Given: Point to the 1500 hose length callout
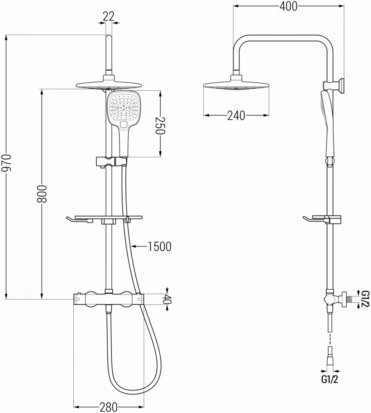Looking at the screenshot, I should (160, 246).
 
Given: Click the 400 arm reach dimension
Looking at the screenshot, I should (289, 6).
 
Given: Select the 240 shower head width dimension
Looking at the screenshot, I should (236, 116).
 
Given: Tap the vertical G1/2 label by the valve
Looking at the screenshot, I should (365, 298).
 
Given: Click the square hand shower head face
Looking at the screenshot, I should (125, 106).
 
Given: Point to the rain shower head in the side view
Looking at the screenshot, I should (236, 86).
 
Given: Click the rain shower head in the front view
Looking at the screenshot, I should (109, 85).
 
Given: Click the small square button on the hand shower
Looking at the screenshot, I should (124, 125).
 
